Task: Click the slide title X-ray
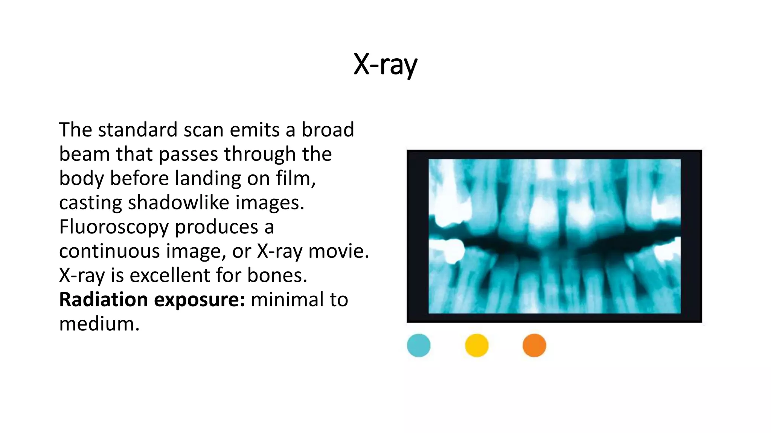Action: point(385,65)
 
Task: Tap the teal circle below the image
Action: point(419,345)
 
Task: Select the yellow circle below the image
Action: point(477,345)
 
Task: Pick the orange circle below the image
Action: point(534,345)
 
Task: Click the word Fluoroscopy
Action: point(113,227)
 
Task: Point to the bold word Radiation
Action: point(104,300)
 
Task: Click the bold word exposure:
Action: point(200,300)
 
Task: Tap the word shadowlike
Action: point(178,203)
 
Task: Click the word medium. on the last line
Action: point(99,324)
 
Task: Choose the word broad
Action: point(328,130)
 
